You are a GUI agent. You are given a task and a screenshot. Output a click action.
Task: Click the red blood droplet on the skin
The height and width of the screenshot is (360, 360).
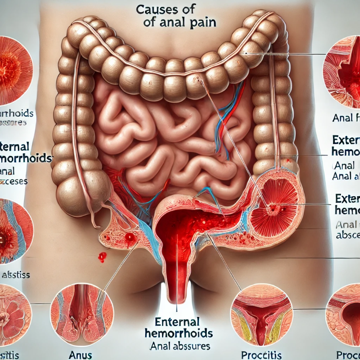tap(102, 257)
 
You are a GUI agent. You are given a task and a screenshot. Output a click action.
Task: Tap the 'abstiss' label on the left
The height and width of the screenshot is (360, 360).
tap(17, 275)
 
